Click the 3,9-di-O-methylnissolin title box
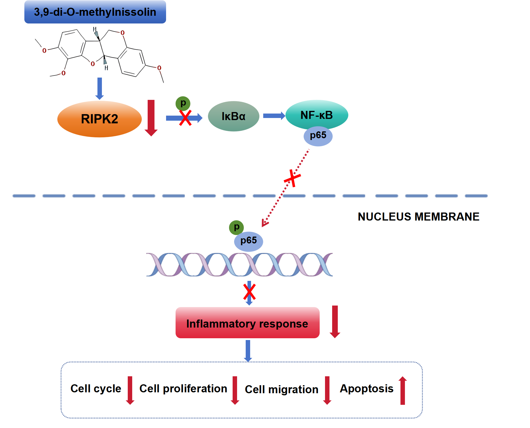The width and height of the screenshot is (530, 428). tap(95, 12)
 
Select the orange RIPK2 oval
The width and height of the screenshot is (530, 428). tap(99, 119)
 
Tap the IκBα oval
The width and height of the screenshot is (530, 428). tap(234, 116)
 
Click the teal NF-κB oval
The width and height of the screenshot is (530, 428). tap(317, 114)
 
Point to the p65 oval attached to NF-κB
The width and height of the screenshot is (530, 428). tap(318, 136)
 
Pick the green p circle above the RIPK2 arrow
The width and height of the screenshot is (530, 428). tap(183, 103)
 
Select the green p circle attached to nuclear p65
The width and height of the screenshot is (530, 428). tap(236, 227)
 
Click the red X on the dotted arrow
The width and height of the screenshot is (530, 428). tap(293, 178)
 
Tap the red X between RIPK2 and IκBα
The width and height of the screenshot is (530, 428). tap(185, 118)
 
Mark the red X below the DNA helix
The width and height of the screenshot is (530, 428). tap(249, 292)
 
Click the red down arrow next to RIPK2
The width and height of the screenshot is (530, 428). tap(151, 118)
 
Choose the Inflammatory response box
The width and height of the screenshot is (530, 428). tap(247, 323)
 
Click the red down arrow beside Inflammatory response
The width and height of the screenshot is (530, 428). tap(335, 322)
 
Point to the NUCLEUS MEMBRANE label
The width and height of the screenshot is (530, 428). tap(418, 217)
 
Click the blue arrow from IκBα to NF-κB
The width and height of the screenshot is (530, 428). tap(274, 116)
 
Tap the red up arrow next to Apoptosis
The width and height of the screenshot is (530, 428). tap(403, 390)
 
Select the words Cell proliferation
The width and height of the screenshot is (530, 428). tap(183, 388)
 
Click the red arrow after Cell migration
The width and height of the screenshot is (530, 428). tap(327, 390)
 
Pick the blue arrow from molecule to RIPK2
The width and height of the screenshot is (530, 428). tap(100, 88)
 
